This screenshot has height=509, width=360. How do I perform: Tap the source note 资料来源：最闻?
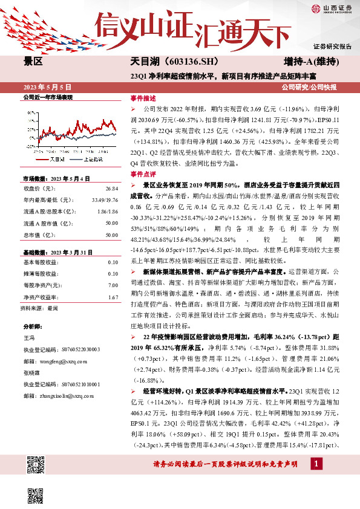pos(39,308)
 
